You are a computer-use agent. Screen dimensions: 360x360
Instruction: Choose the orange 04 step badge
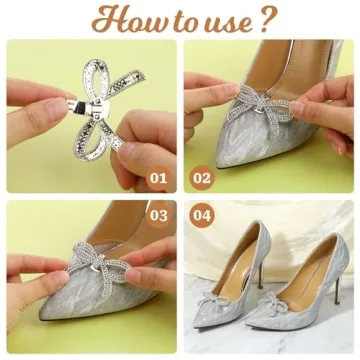click(x=203, y=214)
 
